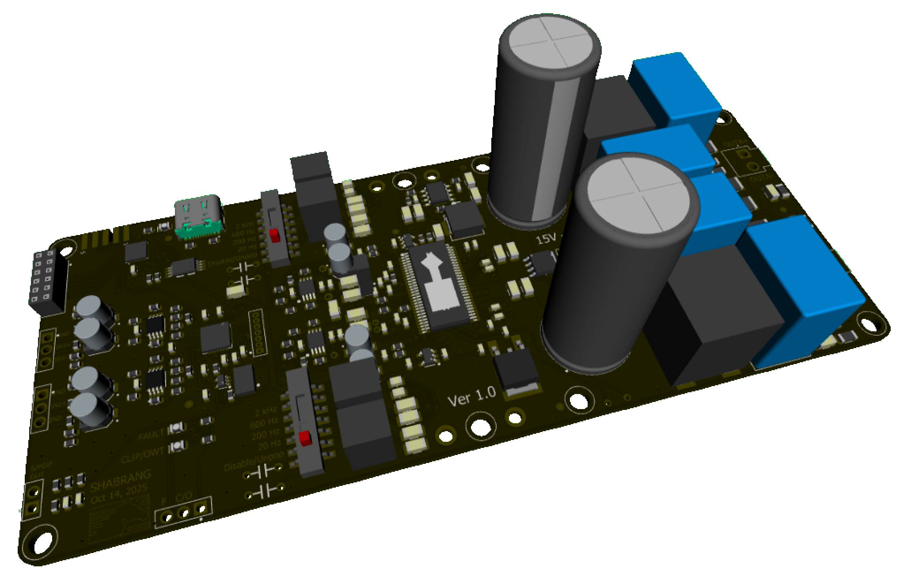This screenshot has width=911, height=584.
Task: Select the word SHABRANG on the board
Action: pyautogui.click(x=120, y=481)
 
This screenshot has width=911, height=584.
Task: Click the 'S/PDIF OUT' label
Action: pyautogui.click(x=34, y=472)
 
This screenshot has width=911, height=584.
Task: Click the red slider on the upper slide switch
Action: pyautogui.click(x=275, y=235)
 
